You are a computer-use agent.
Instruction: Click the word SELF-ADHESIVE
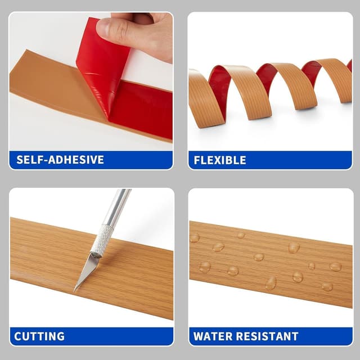tap(60, 160)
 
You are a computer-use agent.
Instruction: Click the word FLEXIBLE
tap(220, 160)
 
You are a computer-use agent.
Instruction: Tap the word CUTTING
tap(39, 337)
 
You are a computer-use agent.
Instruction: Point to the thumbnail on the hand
tap(107, 26)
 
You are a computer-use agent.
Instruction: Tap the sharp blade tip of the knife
tap(75, 290)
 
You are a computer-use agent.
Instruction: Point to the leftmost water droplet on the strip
tap(195, 237)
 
